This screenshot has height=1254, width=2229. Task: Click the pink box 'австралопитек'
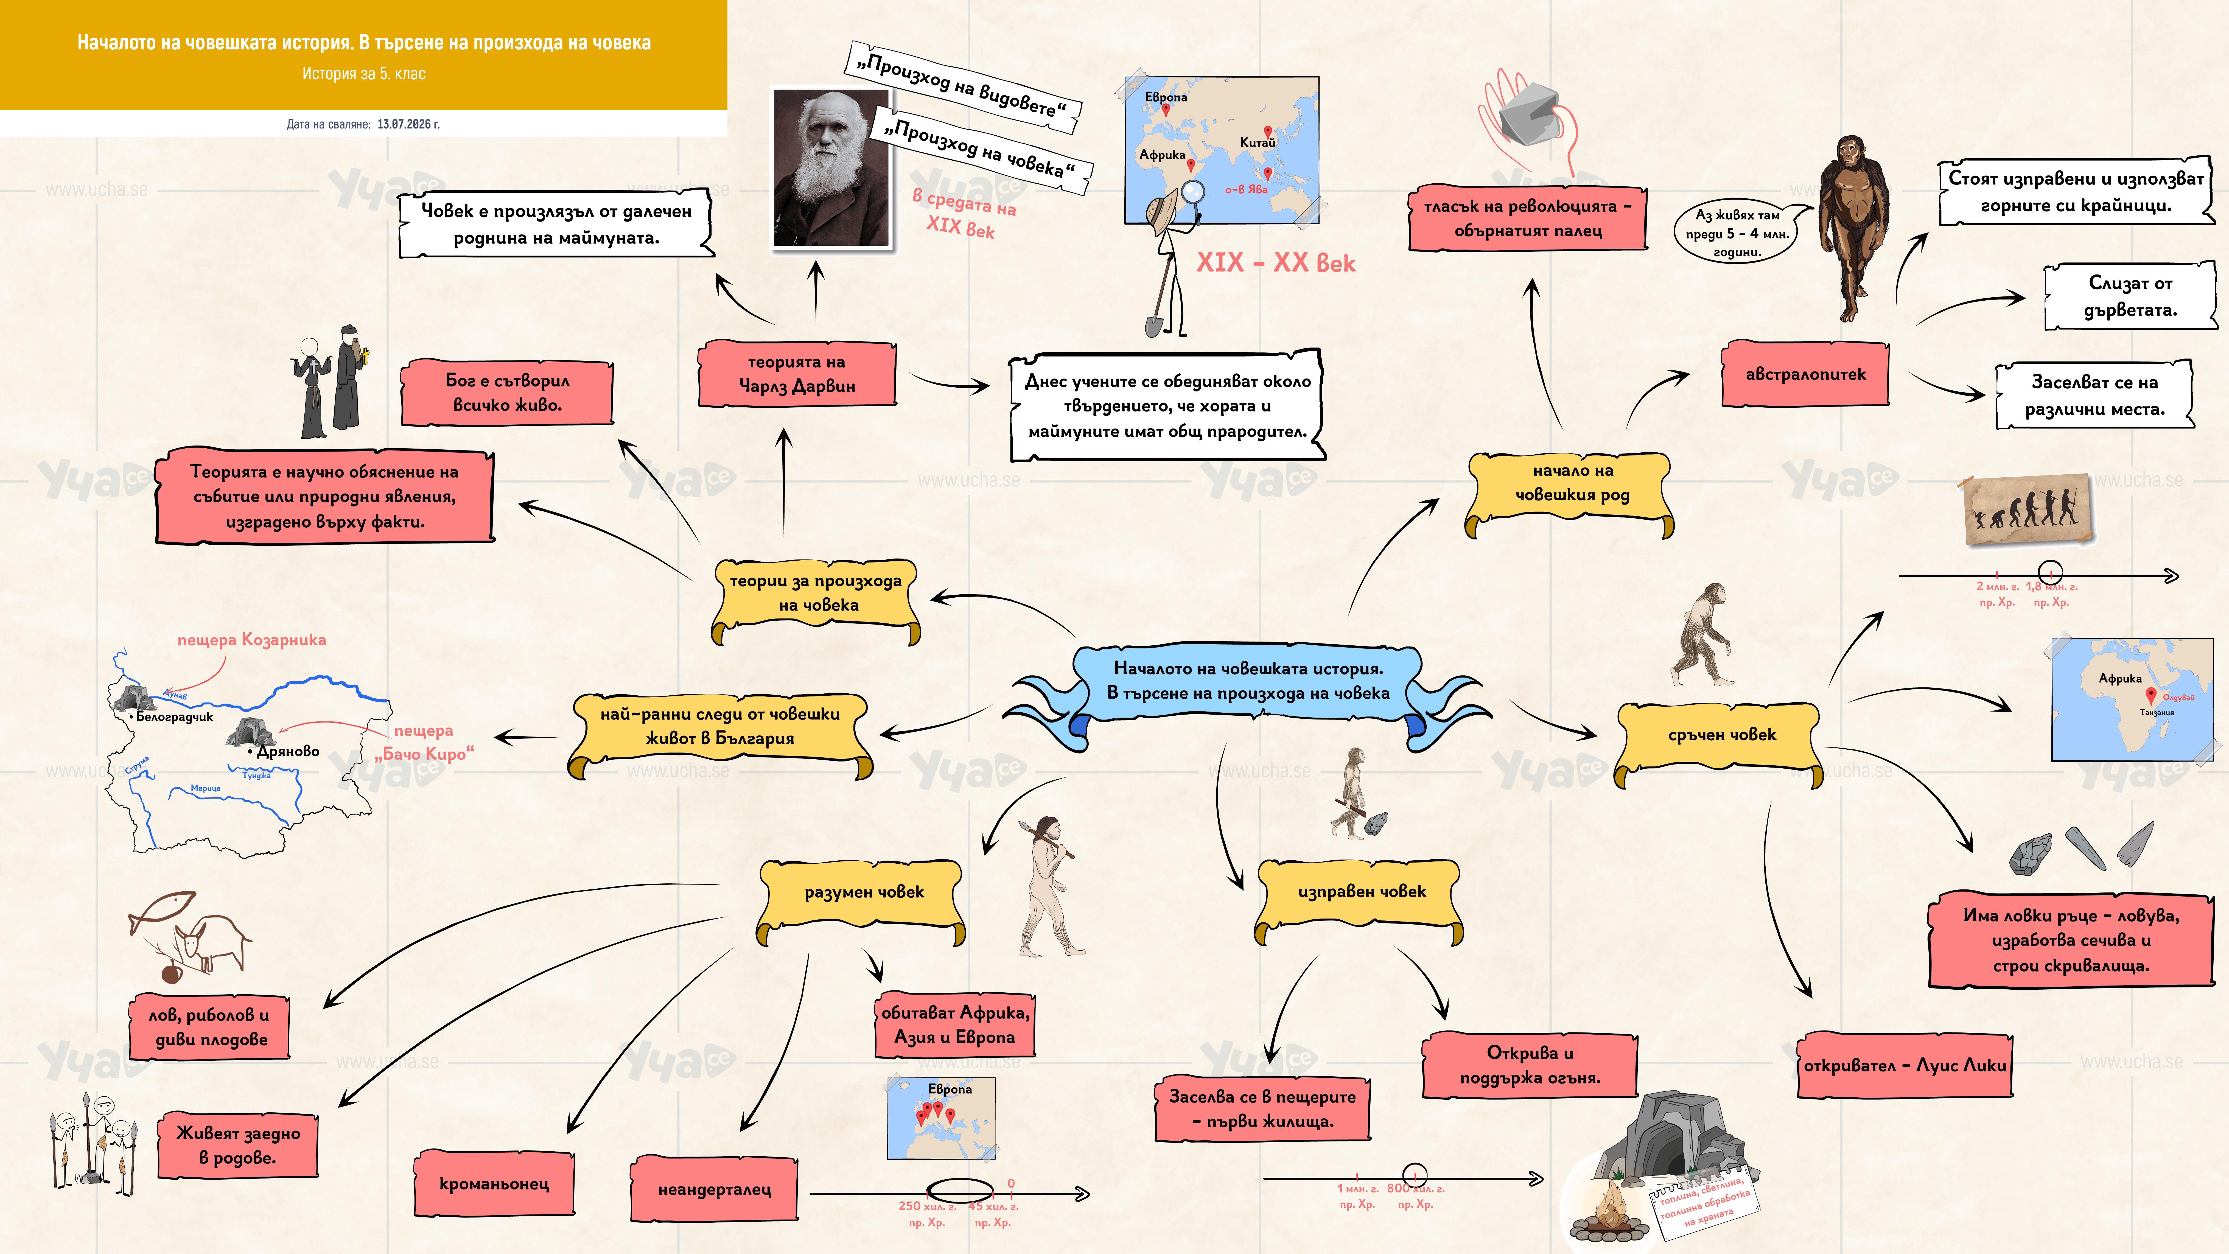(x=1805, y=374)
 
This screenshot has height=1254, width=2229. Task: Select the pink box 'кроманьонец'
(x=494, y=1183)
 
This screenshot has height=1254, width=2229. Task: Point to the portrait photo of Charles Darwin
(x=831, y=168)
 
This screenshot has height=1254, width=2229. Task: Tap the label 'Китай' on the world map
(x=1257, y=142)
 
